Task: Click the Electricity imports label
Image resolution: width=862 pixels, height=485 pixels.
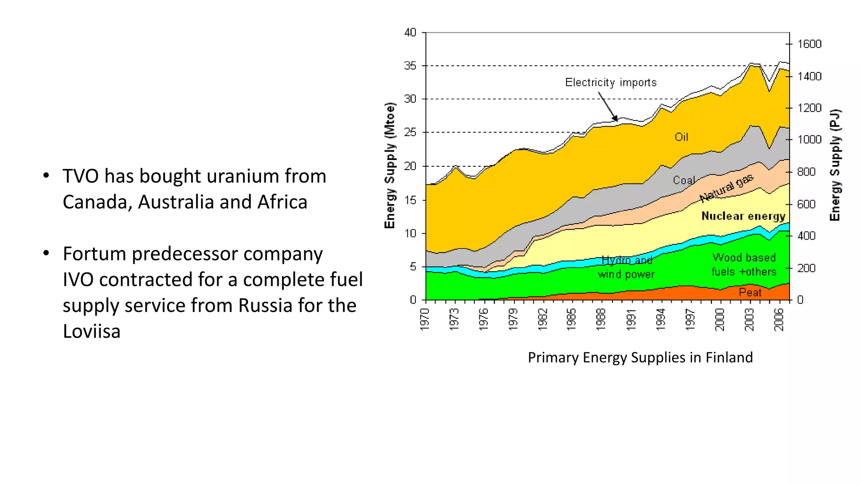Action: (x=610, y=83)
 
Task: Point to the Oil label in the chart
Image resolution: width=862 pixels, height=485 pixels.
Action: (x=681, y=137)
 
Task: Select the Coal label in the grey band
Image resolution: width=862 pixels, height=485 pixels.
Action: (x=683, y=180)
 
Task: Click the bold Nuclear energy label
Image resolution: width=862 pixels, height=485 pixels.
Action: (x=743, y=216)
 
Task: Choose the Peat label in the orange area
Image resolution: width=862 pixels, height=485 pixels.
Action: (x=750, y=292)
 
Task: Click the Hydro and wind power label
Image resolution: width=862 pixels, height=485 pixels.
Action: (x=626, y=267)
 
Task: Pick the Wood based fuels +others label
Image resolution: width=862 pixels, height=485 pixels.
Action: (x=744, y=264)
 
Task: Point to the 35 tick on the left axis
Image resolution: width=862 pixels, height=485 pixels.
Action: (x=410, y=66)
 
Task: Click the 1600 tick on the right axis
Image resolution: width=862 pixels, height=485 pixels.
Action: (x=809, y=44)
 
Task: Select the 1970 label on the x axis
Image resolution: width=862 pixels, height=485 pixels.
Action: (x=425, y=319)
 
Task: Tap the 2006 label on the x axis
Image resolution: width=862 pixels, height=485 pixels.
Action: (x=779, y=319)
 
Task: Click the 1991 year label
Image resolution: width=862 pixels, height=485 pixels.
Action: (x=631, y=319)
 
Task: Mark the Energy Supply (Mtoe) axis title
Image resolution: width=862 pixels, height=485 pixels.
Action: (x=390, y=165)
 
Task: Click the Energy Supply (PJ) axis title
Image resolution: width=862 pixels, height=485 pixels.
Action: (x=835, y=165)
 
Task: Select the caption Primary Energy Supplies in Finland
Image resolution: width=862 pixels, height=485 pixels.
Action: (x=640, y=357)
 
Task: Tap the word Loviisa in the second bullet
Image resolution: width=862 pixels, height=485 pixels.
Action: (x=92, y=331)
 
